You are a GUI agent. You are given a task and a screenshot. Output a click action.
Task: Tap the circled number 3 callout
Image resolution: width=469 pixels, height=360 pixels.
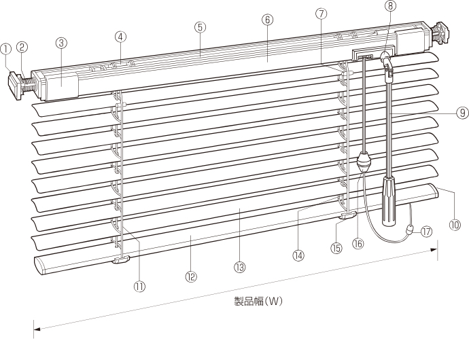pos(61,43)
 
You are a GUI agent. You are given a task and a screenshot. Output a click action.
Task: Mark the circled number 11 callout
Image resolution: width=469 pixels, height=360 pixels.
pos(139,286)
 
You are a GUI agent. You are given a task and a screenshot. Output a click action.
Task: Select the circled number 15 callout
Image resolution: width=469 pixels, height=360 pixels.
pos(336,248)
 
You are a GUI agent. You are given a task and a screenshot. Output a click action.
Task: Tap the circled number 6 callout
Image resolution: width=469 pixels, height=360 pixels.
pos(266,20)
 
